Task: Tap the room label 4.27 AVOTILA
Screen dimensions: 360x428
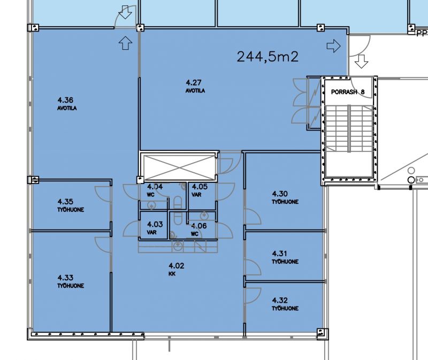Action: pos(195,86)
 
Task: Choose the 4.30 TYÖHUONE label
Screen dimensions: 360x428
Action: pos(285,197)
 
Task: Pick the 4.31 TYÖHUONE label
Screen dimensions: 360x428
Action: pos(285,257)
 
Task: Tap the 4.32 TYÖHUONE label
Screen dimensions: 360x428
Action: pos(285,304)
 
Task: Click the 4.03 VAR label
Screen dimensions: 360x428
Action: pos(154,228)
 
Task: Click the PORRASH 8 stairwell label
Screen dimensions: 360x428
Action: pos(348,92)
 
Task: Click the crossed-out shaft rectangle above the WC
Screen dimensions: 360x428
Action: pos(179,167)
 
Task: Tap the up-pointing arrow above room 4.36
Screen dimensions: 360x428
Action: pos(125,43)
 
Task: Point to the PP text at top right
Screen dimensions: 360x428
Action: pos(422,33)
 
